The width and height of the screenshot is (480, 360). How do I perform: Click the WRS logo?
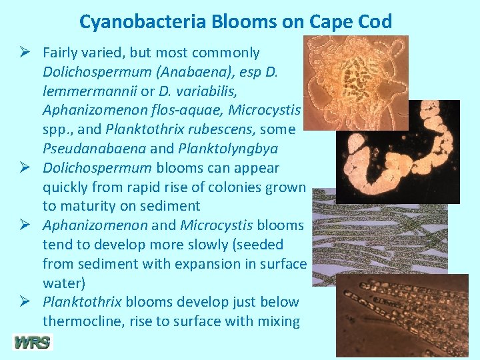pyautogui.click(x=32, y=343)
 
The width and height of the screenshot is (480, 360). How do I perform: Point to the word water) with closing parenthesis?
pyautogui.click(x=63, y=283)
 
